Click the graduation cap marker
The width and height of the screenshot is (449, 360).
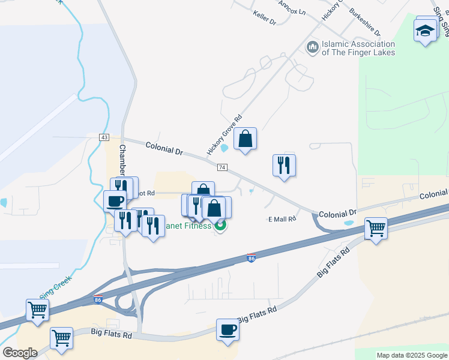pos(426,30)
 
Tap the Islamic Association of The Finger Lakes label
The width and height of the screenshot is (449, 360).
pos(358,48)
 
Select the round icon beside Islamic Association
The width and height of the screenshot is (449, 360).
pos(312,47)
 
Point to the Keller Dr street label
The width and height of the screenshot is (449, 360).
pos(264,17)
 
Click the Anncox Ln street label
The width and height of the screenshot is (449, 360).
pos(292,8)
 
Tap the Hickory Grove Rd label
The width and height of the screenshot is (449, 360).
pos(224,136)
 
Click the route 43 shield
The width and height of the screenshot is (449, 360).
pos(104,137)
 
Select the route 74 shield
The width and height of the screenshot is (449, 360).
pos(222,167)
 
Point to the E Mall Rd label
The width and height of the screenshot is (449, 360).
pos(282,219)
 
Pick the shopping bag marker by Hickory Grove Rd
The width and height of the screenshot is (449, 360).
pos(245,140)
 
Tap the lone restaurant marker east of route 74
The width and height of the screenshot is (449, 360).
pos(284,166)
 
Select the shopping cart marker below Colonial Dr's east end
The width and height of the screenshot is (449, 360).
pos(375,228)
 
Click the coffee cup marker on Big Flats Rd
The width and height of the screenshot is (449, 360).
pos(228,330)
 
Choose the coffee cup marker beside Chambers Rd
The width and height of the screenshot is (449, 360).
pos(115,201)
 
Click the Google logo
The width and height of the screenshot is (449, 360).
pos(20,353)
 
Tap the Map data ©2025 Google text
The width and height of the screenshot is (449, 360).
pos(411,355)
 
